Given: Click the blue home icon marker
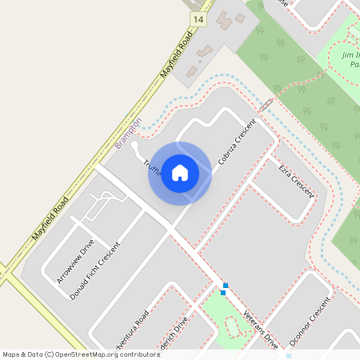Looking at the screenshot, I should [x=180, y=173].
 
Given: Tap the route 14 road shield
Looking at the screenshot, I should [x=198, y=18].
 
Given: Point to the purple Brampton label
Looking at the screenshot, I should [x=128, y=131].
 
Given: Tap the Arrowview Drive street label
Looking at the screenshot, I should [x=76, y=261].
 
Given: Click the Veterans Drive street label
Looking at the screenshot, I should [x=260, y=328].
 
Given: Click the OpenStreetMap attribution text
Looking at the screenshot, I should [x=80, y=354].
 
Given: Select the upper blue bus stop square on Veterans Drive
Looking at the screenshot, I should [x=226, y=285].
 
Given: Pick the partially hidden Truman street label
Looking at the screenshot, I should [x=151, y=167].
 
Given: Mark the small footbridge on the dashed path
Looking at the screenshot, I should [x=266, y=103].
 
